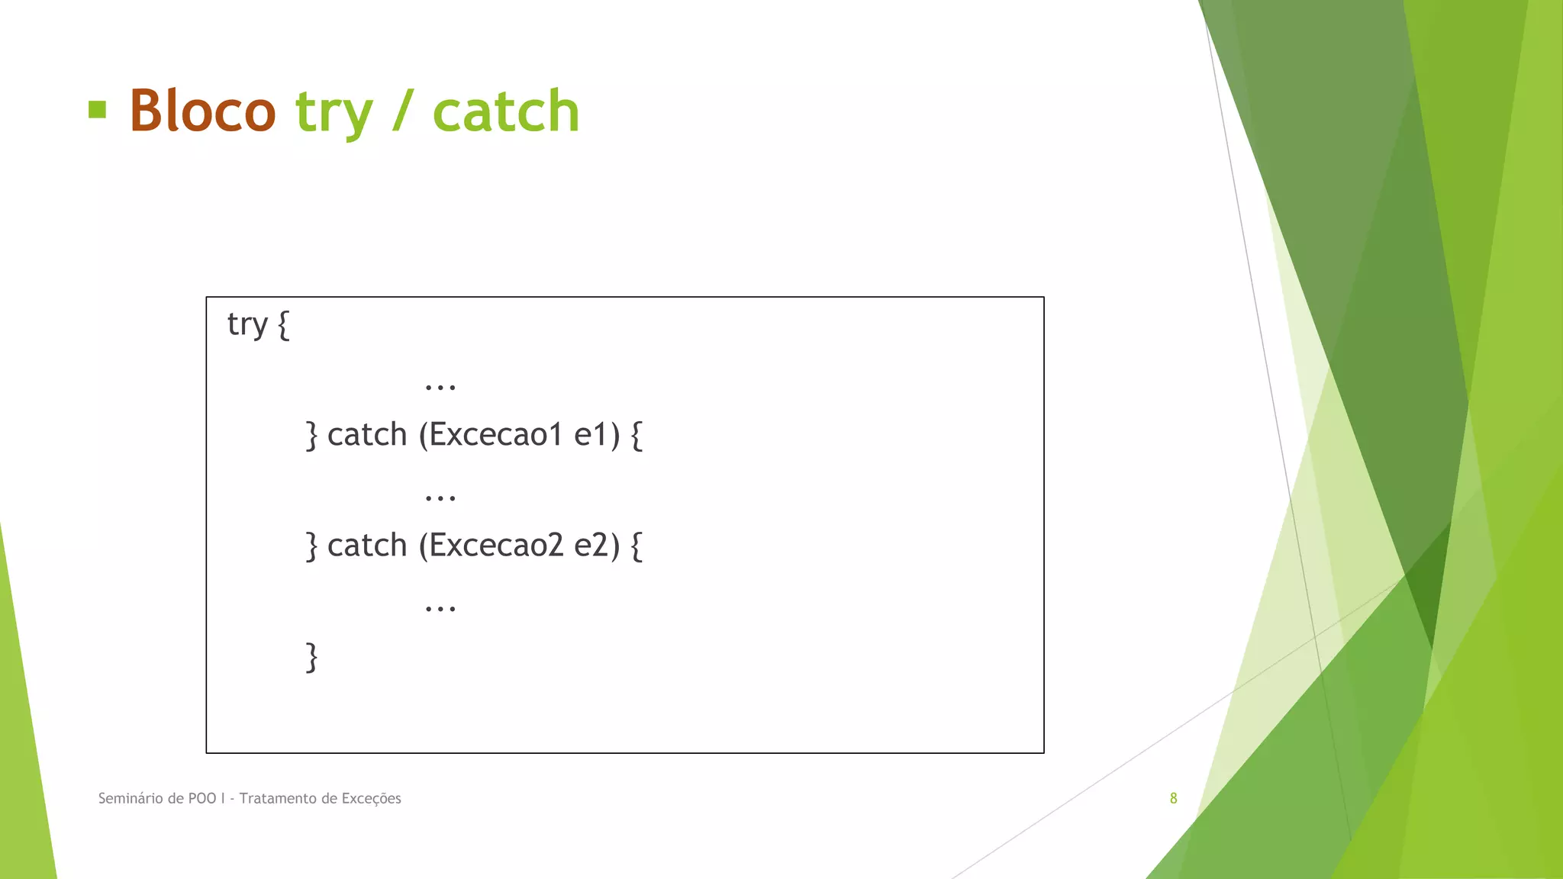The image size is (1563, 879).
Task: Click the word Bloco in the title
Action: coord(202,111)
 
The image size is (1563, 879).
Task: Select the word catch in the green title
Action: coord(506,111)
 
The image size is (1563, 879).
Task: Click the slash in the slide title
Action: coord(403,111)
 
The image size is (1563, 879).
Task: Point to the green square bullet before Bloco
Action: coord(97,109)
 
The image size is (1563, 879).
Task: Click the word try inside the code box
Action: coord(247,325)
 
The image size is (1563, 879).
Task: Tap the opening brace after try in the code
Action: coord(283,325)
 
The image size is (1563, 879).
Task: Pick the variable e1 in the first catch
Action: coord(592,435)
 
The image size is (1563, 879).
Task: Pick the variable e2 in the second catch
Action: coord(592,546)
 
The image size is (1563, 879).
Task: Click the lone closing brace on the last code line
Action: coord(311,657)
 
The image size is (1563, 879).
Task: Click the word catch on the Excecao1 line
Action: coord(367,435)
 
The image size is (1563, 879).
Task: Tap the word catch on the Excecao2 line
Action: coord(367,546)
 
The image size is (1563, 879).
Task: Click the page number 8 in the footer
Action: coord(1173,798)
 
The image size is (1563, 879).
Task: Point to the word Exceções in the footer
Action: coord(371,798)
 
